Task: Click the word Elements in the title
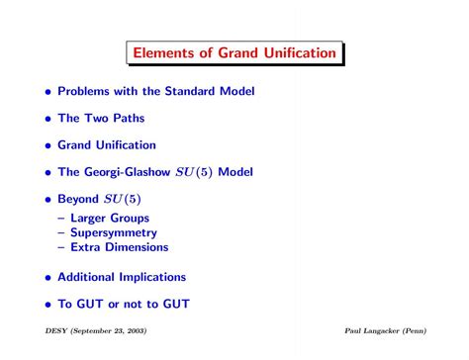[164, 51]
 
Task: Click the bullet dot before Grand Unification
[46, 145]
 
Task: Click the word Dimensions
[138, 246]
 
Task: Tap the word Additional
[93, 276]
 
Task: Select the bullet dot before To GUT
[46, 304]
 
